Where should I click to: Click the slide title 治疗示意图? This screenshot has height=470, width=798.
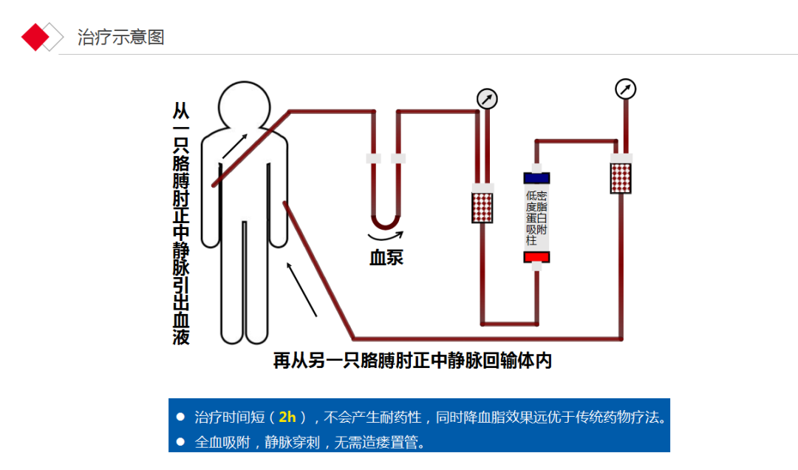click(120, 37)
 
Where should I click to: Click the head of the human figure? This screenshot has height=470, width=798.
click(248, 104)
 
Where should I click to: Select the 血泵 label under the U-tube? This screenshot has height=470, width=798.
click(386, 258)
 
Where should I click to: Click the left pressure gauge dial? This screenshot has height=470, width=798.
click(487, 99)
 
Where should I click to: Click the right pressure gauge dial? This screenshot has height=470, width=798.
click(625, 89)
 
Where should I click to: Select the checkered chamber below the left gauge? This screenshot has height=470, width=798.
click(482, 206)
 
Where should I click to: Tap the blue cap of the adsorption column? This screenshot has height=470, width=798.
click(536, 177)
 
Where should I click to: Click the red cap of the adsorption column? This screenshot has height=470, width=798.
click(536, 256)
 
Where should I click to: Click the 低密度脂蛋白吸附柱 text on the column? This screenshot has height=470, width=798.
click(536, 217)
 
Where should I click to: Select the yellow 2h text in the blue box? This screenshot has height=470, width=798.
click(287, 417)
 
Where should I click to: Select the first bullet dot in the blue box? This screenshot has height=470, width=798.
click(180, 417)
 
